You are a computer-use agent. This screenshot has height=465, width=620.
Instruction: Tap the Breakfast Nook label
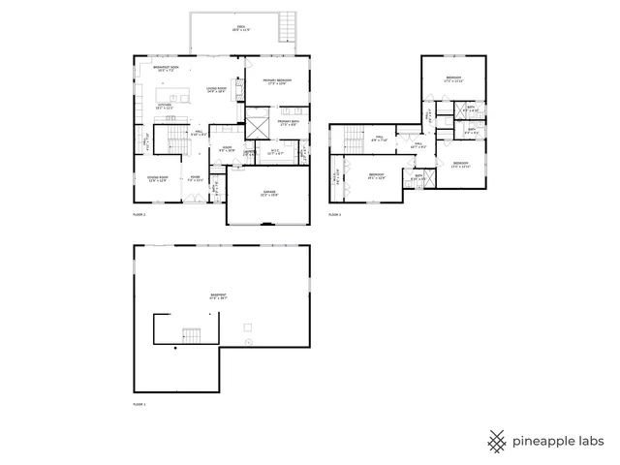[x=162, y=69]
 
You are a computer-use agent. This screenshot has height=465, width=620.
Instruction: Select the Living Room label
[x=216, y=89]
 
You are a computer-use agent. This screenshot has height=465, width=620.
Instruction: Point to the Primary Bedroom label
[x=277, y=81]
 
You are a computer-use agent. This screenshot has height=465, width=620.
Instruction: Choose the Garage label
[x=269, y=193]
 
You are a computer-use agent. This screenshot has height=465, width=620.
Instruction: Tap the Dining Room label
[x=155, y=178]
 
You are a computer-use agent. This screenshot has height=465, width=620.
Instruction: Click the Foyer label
[x=195, y=178]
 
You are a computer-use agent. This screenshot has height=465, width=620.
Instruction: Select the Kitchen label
[x=165, y=107]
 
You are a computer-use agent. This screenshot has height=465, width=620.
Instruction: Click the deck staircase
[x=287, y=28]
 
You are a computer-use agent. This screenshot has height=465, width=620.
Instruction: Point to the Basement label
[x=219, y=296]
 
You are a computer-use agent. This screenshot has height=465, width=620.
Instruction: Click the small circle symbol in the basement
[x=247, y=342]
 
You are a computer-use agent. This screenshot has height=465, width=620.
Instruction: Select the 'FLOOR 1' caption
[x=139, y=403]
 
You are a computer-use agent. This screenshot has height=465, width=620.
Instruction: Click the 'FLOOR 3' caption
[x=334, y=213]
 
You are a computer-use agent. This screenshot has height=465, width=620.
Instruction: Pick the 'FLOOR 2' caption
[x=139, y=213]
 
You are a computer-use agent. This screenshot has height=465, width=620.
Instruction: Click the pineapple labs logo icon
[x=497, y=441]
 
